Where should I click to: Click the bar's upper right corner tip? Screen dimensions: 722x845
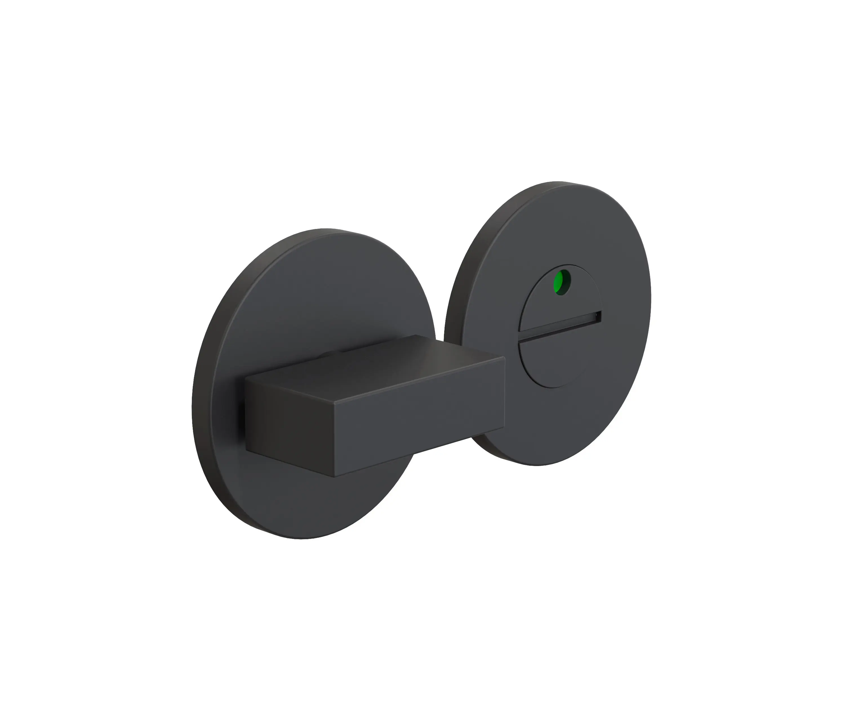point(505,357)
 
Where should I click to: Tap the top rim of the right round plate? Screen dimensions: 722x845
point(559,183)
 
